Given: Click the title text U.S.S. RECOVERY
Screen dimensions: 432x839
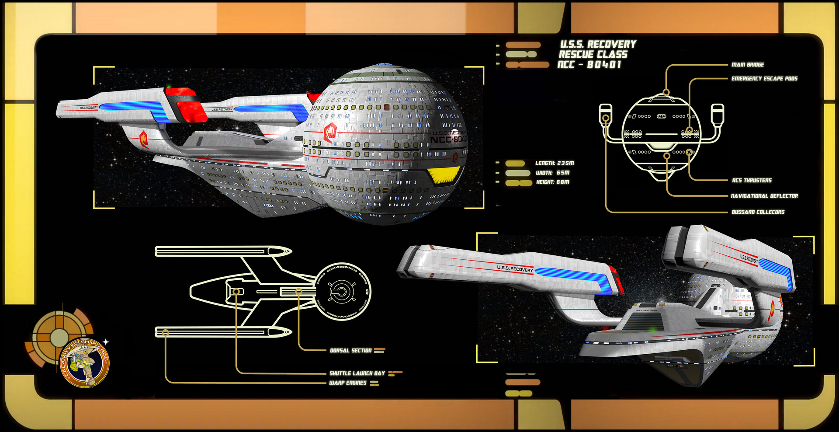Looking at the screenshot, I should point(598,44).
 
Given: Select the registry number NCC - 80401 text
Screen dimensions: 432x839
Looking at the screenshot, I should point(589,65).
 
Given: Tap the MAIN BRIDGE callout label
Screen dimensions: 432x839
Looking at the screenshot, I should point(748,65).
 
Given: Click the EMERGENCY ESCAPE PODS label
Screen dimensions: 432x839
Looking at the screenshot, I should point(764,79).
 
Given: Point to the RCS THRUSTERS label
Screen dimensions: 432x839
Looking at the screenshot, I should point(752,180).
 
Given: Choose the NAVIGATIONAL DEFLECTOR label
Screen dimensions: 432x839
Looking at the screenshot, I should point(764,196).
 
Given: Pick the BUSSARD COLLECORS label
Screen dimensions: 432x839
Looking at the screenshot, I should point(758,212).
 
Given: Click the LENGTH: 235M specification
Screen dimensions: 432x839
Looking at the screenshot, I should point(555,163).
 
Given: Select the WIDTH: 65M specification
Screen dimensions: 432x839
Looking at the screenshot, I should point(552,173).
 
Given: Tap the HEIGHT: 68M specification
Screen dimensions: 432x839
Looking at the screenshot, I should point(552,182).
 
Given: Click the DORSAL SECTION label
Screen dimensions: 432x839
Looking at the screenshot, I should point(350,351).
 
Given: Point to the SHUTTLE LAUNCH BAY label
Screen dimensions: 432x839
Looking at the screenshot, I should point(357,373).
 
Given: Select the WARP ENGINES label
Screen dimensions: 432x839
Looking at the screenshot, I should point(347,383).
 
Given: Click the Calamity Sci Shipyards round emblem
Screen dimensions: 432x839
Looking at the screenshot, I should point(84,362).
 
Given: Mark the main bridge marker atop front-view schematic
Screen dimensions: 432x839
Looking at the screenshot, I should point(666,92).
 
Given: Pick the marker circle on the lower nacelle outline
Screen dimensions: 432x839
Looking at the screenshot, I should point(165,333).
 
